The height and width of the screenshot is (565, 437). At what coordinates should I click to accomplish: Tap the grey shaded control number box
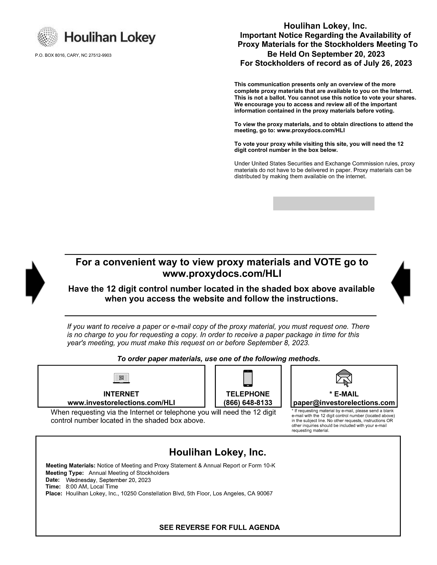click(324, 204)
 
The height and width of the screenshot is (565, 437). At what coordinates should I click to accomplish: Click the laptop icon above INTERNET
click(121, 378)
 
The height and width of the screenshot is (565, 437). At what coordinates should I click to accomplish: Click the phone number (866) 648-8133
click(248, 402)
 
